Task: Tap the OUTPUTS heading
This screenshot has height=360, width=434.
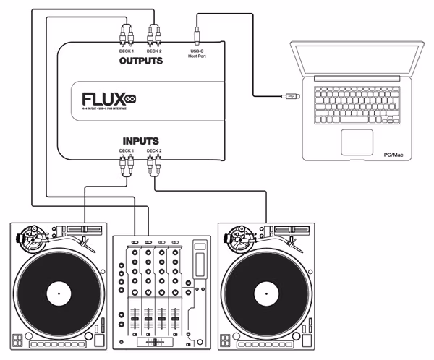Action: tap(140, 61)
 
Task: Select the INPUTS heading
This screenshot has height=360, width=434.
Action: tap(140, 140)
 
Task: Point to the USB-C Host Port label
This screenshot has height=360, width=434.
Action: tap(197, 53)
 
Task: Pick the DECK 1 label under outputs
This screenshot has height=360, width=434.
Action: tap(127, 51)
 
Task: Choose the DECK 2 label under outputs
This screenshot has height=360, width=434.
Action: tap(154, 51)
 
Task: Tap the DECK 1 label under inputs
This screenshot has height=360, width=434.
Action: tap(127, 150)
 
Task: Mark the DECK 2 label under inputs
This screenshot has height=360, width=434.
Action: tap(154, 150)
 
